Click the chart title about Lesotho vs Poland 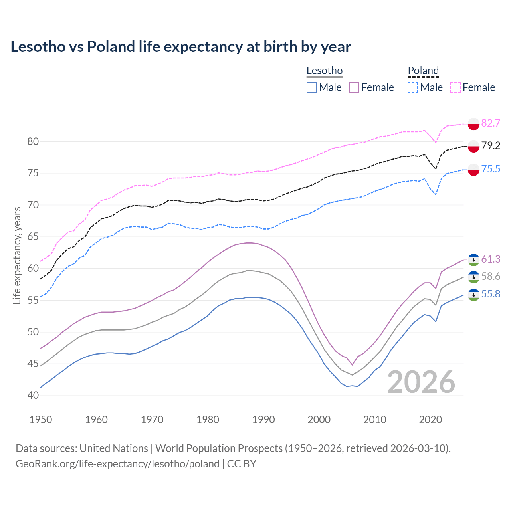pos(180,47)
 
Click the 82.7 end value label pos(491,123)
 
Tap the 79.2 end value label pos(491,146)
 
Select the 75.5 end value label pos(491,169)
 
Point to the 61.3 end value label pos(491,259)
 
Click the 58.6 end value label pos(491,277)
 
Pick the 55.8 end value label pos(491,294)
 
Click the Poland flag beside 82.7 pos(473,124)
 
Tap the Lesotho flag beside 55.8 pos(473,295)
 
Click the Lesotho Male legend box pos(312,87)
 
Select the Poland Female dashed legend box pos(456,87)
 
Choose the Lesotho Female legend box pos(354,87)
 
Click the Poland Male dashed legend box pos(413,87)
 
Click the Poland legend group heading pos(423,71)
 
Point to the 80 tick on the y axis pos(33,141)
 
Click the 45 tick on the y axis pos(33,364)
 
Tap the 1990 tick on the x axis pos(263,420)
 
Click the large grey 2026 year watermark pos(421,382)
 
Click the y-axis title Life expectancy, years pos(17,255)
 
